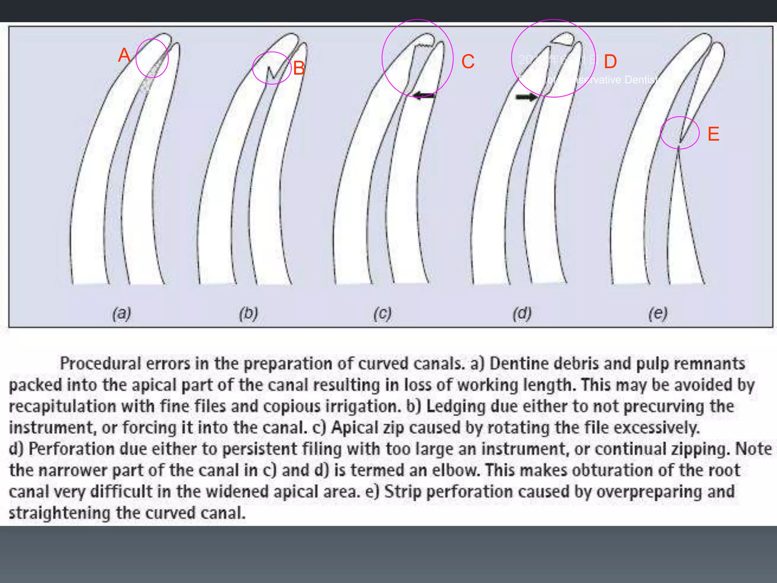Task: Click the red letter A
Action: coord(124,55)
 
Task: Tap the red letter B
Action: coord(299,69)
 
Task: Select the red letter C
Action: coord(468,61)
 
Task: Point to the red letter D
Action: coord(610,61)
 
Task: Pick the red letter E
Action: coord(713,134)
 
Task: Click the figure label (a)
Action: coord(122,314)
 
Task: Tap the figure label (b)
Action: coord(249,314)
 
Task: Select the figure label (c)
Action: coord(382,314)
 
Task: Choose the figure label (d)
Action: coord(522,314)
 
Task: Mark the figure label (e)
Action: coord(657,314)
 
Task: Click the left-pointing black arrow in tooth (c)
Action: coord(423,95)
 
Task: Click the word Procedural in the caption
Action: coord(100,364)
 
